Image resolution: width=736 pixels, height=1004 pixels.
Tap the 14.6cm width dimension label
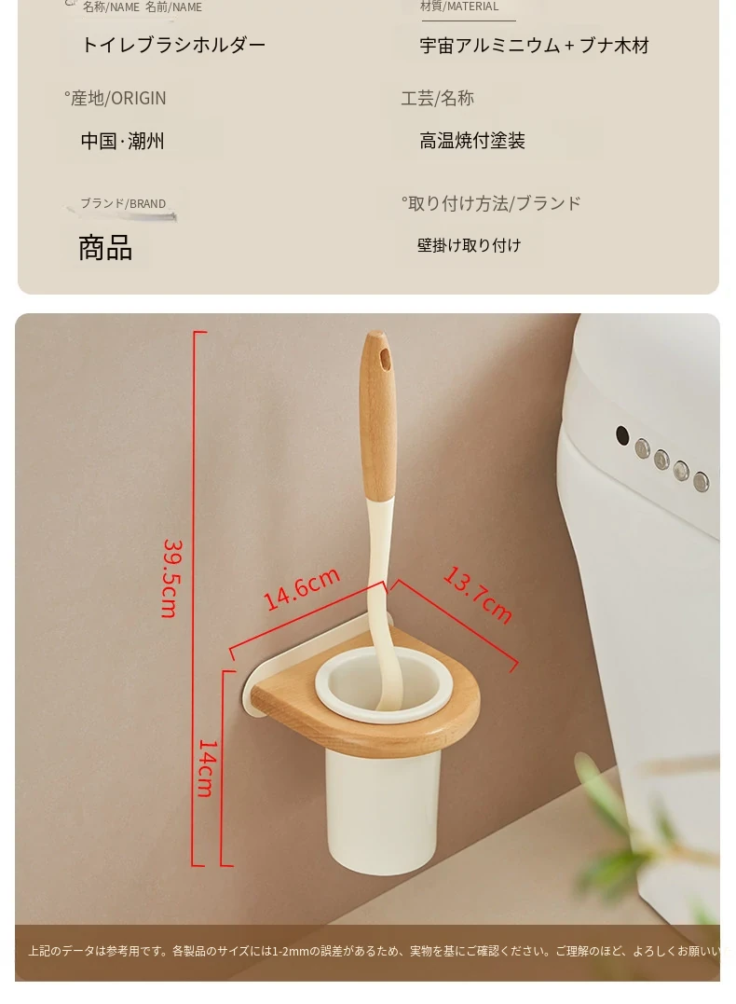pos(301,589)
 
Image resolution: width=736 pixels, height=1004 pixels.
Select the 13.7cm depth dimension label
pos(477,594)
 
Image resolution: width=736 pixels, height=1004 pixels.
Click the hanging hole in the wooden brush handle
pos(385,358)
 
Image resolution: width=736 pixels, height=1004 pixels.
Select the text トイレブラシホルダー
pos(173,45)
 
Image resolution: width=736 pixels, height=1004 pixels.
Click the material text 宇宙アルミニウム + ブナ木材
pos(535,46)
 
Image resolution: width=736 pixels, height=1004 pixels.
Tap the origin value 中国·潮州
pos(122,141)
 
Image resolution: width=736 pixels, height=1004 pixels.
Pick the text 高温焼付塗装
pos(472,141)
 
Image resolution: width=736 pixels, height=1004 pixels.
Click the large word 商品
pos(105,248)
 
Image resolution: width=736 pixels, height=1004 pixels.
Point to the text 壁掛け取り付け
pos(470,245)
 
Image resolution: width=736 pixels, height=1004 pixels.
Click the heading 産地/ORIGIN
pos(116,98)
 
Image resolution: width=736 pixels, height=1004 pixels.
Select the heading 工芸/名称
pos(437,98)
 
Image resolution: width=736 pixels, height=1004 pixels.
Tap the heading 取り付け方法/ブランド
pos(492,203)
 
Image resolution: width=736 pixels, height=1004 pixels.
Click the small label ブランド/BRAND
pos(123,203)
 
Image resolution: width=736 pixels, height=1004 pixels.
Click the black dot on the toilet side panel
pos(622,435)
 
